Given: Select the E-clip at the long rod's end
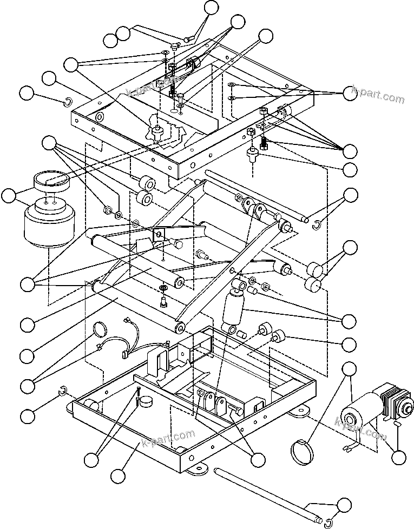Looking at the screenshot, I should (328, 521).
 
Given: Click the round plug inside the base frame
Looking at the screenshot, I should (146, 402).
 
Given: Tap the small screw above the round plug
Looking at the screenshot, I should (139, 393).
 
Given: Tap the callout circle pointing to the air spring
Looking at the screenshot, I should (9, 196).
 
